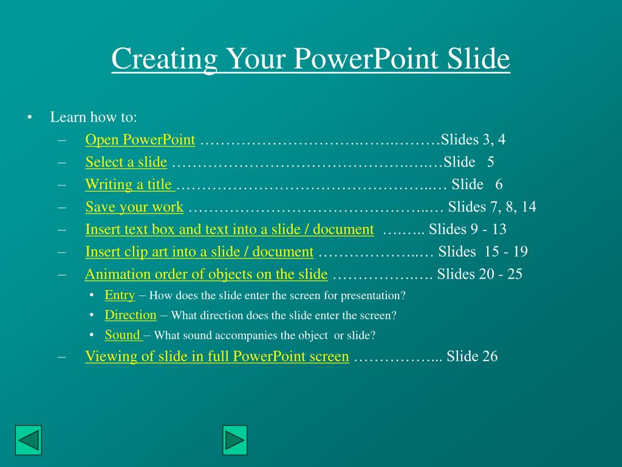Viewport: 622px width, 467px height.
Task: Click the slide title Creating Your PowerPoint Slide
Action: (310, 59)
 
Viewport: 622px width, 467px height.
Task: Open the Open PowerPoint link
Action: (140, 140)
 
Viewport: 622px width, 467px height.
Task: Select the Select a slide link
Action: (126, 162)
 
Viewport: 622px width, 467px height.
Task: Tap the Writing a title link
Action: (129, 184)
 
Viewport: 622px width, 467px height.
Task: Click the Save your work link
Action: (134, 207)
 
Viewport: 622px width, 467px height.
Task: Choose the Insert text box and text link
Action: (229, 229)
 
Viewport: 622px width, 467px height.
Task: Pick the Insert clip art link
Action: (199, 252)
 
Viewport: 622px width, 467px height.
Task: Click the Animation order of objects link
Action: (206, 274)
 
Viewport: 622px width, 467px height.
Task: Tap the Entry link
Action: (120, 295)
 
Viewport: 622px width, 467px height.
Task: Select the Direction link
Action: (131, 315)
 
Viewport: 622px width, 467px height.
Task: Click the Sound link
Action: (123, 335)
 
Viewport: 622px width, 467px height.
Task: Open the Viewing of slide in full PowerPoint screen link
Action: (217, 356)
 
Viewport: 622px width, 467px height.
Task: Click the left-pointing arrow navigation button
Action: (28, 440)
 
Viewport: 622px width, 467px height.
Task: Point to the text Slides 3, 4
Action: (473, 140)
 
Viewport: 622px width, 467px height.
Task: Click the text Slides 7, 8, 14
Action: (492, 207)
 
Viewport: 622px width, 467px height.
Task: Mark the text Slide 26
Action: (472, 356)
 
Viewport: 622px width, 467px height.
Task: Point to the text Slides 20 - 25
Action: (479, 274)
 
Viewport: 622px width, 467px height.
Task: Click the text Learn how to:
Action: (94, 117)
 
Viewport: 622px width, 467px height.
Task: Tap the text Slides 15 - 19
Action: (476, 252)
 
